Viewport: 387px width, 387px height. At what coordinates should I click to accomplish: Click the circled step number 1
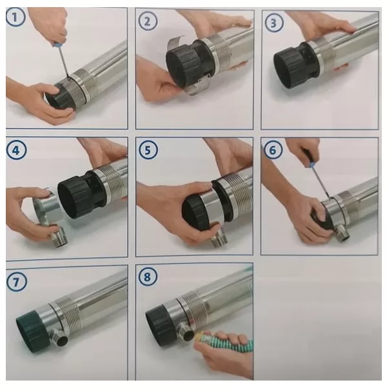pyautogui.click(x=16, y=18)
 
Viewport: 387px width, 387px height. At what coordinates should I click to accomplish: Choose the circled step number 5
pyautogui.click(x=148, y=150)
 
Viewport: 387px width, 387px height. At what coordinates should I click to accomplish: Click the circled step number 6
pyautogui.click(x=275, y=150)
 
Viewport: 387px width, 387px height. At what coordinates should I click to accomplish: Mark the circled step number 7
pyautogui.click(x=16, y=282)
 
